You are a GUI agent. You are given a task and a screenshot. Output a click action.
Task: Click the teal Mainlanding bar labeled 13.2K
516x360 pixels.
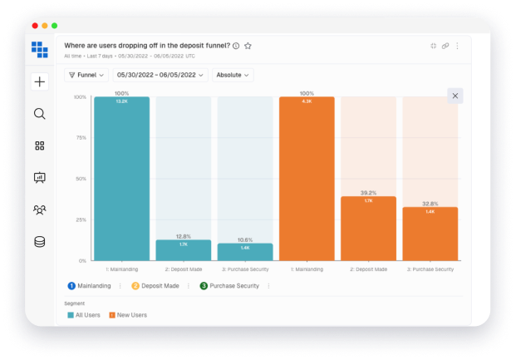pos(122,178)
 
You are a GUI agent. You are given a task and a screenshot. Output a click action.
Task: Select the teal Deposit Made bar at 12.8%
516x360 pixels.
pos(184,249)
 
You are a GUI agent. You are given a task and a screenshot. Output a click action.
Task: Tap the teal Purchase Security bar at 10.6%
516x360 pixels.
pos(245,251)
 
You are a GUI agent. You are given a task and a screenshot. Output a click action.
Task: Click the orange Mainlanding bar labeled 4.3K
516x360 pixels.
pos(307,178)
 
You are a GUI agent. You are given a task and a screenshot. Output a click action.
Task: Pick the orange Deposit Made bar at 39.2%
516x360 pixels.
pos(368,228)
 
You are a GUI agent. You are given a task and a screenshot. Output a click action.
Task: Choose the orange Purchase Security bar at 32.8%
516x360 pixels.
pos(430,233)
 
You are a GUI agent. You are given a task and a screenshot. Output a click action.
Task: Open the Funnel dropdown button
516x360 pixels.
pos(86,75)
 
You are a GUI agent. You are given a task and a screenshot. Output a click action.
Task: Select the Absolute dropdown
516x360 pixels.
pos(233,75)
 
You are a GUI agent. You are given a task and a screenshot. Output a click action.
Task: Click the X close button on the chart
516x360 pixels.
pos(455,96)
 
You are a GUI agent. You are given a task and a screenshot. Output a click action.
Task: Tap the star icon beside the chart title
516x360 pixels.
pos(248,46)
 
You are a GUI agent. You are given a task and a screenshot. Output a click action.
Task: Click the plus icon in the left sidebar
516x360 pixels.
pos(39,81)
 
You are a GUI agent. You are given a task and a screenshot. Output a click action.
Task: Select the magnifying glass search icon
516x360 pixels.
pos(39,114)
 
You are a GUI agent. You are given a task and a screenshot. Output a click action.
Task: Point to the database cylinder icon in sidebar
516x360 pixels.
pos(39,242)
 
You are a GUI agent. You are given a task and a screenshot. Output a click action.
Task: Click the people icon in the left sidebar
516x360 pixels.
pos(39,210)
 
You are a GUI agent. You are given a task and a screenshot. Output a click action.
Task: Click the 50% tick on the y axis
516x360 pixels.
pos(81,179)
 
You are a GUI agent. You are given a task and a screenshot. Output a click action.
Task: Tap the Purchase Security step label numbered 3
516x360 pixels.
pos(229,286)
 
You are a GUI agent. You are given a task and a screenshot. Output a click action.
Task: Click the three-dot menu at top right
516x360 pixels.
pos(458,46)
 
